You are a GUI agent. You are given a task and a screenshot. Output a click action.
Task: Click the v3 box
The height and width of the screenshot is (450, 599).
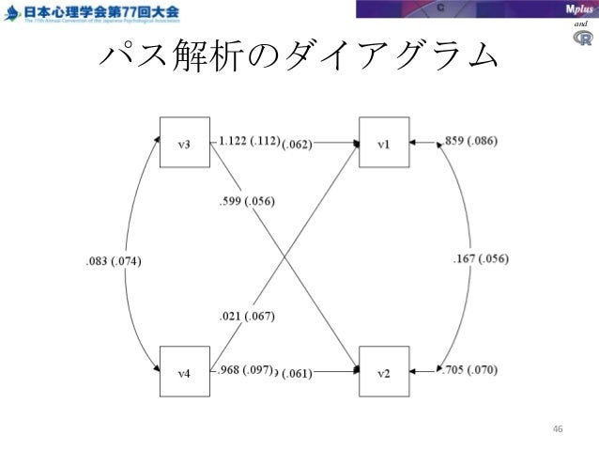click(x=186, y=144)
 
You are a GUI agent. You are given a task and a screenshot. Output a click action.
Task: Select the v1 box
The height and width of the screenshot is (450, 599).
click(x=385, y=144)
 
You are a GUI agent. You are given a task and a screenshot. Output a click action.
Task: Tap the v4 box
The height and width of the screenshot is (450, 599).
click(x=186, y=372)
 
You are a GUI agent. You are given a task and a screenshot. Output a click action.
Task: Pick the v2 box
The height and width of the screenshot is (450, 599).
click(x=385, y=372)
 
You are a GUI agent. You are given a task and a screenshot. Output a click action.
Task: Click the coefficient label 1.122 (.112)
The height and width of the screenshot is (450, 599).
click(x=249, y=142)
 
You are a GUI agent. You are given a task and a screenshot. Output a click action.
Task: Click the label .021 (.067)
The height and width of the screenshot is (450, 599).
click(x=246, y=317)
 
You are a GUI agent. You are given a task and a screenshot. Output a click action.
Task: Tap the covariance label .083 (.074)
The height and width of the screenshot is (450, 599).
click(x=110, y=260)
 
